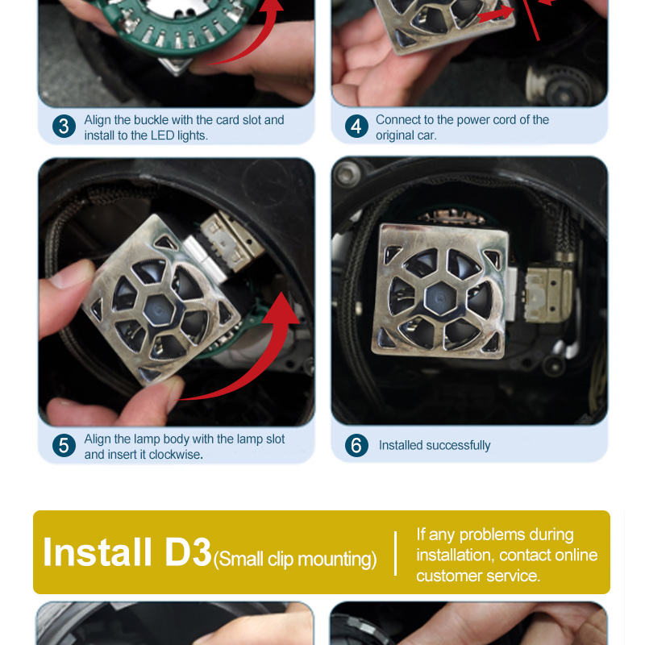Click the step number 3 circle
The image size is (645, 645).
64,127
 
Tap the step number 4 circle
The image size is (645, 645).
356,127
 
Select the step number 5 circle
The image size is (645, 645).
64,446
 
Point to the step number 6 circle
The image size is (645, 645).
356,446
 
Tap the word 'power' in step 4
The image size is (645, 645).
473,120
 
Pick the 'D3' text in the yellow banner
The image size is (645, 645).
188,552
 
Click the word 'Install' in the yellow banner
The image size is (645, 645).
97,552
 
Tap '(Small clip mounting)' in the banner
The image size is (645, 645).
295,560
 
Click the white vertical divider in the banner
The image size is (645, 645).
395,553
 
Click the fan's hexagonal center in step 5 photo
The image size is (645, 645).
159,310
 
